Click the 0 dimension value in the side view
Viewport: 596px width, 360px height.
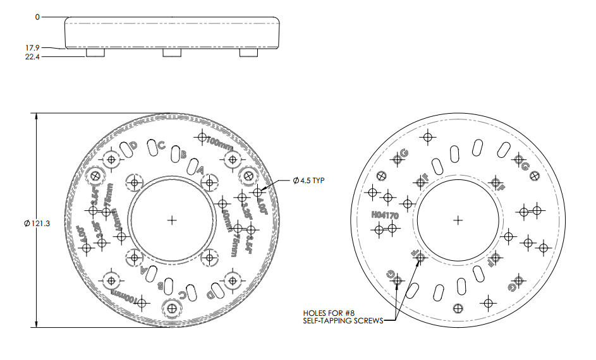click(x=37, y=17)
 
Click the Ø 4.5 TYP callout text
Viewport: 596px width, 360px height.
click(x=309, y=181)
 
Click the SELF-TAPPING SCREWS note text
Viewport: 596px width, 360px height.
click(x=343, y=321)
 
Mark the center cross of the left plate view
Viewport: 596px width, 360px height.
click(x=172, y=220)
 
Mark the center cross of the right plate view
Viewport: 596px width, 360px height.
click(x=458, y=220)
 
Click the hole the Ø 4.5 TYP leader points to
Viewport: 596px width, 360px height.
click(x=257, y=191)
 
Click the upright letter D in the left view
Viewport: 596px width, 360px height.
click(x=133, y=146)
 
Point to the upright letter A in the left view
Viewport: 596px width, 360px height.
click(x=201, y=171)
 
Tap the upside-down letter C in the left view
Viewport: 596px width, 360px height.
click(x=183, y=294)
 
